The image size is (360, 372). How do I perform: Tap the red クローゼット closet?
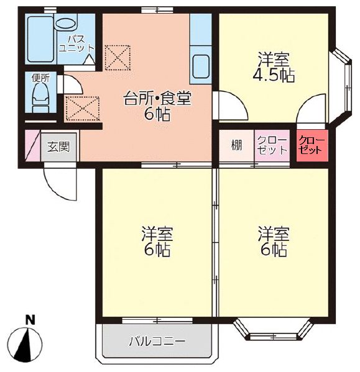311,146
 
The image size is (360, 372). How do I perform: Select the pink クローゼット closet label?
272,146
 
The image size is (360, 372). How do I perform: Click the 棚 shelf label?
237,146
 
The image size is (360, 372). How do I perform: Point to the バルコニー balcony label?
157,342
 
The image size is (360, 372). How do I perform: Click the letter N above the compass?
29,320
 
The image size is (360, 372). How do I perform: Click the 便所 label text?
40,79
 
